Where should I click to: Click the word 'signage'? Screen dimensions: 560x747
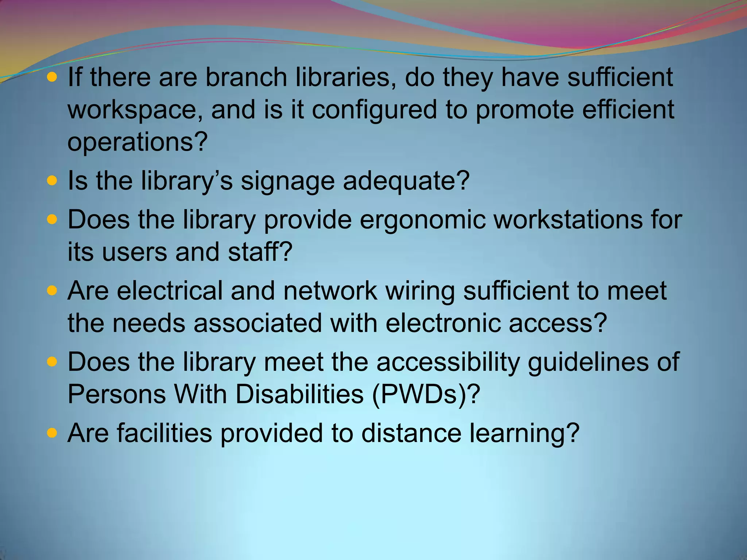tap(287, 181)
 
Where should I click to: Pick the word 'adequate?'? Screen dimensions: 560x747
tap(406, 181)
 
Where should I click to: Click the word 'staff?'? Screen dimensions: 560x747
tap(260, 252)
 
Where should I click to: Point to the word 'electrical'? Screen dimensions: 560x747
tap(170, 291)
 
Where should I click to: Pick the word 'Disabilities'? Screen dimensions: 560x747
tap(299, 394)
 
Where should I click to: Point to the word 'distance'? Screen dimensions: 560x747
tap(411, 433)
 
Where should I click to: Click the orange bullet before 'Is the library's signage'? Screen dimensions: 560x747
tap(52, 180)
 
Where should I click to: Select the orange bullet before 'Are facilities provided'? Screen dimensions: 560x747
tap(52, 433)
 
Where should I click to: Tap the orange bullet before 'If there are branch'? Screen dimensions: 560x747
tap(52, 77)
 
